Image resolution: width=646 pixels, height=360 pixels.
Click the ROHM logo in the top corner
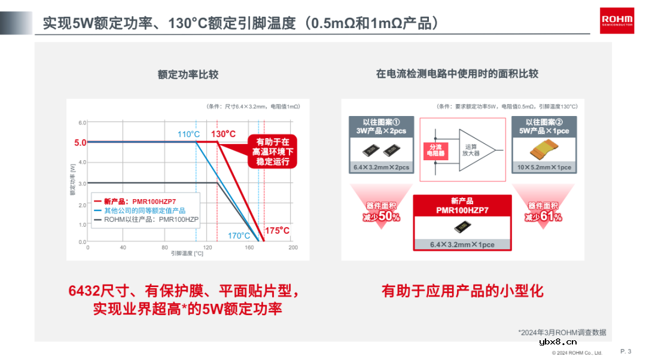point(616,20)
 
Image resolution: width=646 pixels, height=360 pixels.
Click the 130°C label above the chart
point(223,134)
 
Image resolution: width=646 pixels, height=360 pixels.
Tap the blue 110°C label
point(188,134)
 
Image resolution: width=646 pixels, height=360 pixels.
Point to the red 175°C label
point(277,230)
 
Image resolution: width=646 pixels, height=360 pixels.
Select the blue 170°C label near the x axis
point(239,236)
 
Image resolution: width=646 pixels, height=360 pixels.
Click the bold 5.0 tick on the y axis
point(80,142)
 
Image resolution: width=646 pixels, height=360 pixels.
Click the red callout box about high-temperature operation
point(272,152)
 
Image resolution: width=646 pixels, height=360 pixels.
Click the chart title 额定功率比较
point(188,75)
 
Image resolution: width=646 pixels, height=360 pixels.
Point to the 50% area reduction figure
point(381,216)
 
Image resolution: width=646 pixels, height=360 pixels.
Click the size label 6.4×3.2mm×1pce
point(462,245)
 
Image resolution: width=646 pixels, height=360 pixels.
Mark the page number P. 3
point(626,351)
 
